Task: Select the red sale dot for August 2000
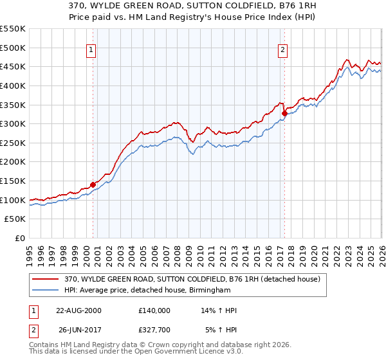(93, 184)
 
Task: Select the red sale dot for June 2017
(284, 113)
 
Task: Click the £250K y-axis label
(13, 143)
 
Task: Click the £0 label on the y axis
(19, 238)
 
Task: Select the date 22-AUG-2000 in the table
(78, 310)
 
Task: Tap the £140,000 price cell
(154, 310)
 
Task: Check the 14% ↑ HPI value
(219, 310)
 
